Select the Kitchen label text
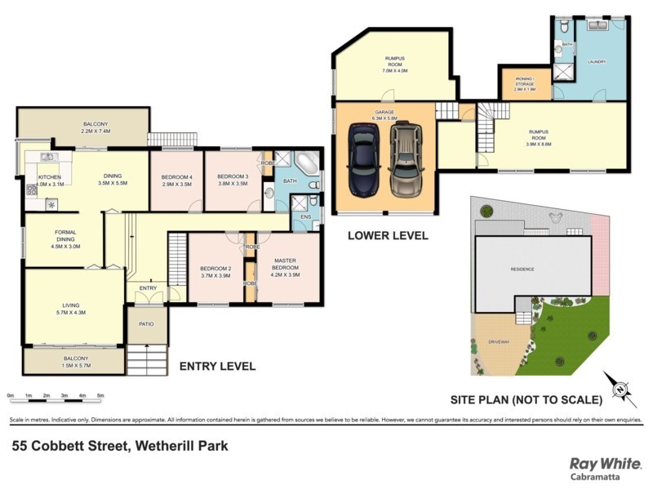pos(48,180)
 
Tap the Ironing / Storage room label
pos(519,82)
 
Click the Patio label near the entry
pos(146,324)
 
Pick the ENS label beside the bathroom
pos(306,217)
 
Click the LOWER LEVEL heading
pos(388,235)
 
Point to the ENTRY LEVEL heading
pos(217,366)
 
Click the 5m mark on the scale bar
pos(100,396)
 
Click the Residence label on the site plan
pos(523,268)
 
